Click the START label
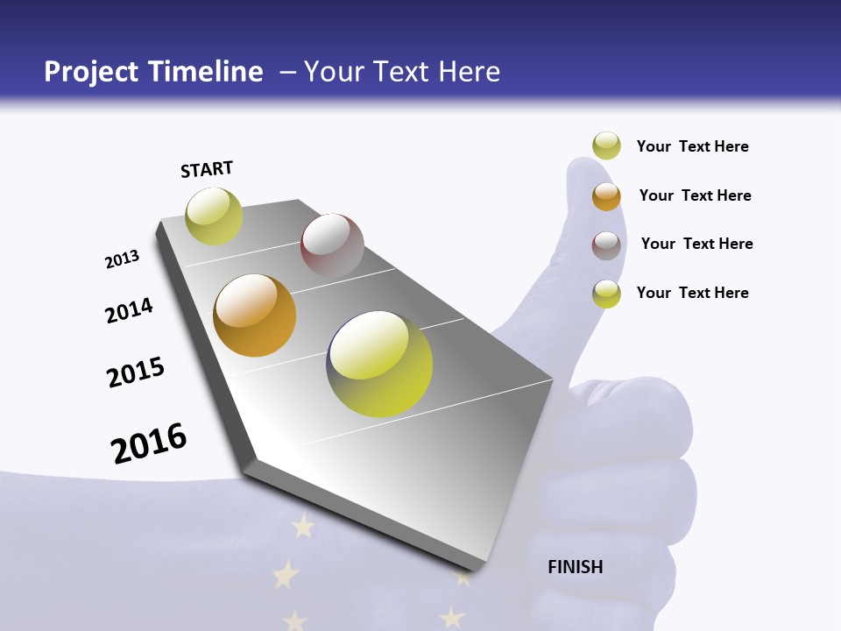coord(207,169)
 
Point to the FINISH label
coord(576,567)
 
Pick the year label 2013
coord(122,259)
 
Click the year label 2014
coord(129,310)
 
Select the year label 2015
coord(136,372)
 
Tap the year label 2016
coord(149,443)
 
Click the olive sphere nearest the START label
coord(214,216)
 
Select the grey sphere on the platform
coord(332,245)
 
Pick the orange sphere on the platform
coord(255,315)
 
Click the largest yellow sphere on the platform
coord(379,363)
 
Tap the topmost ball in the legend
coord(606,145)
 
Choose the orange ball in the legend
coord(606,195)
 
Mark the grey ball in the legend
coord(606,245)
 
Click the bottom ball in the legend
coord(606,293)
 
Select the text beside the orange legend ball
coord(695,195)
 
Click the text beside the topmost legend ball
coord(692,146)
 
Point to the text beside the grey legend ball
coord(696,244)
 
